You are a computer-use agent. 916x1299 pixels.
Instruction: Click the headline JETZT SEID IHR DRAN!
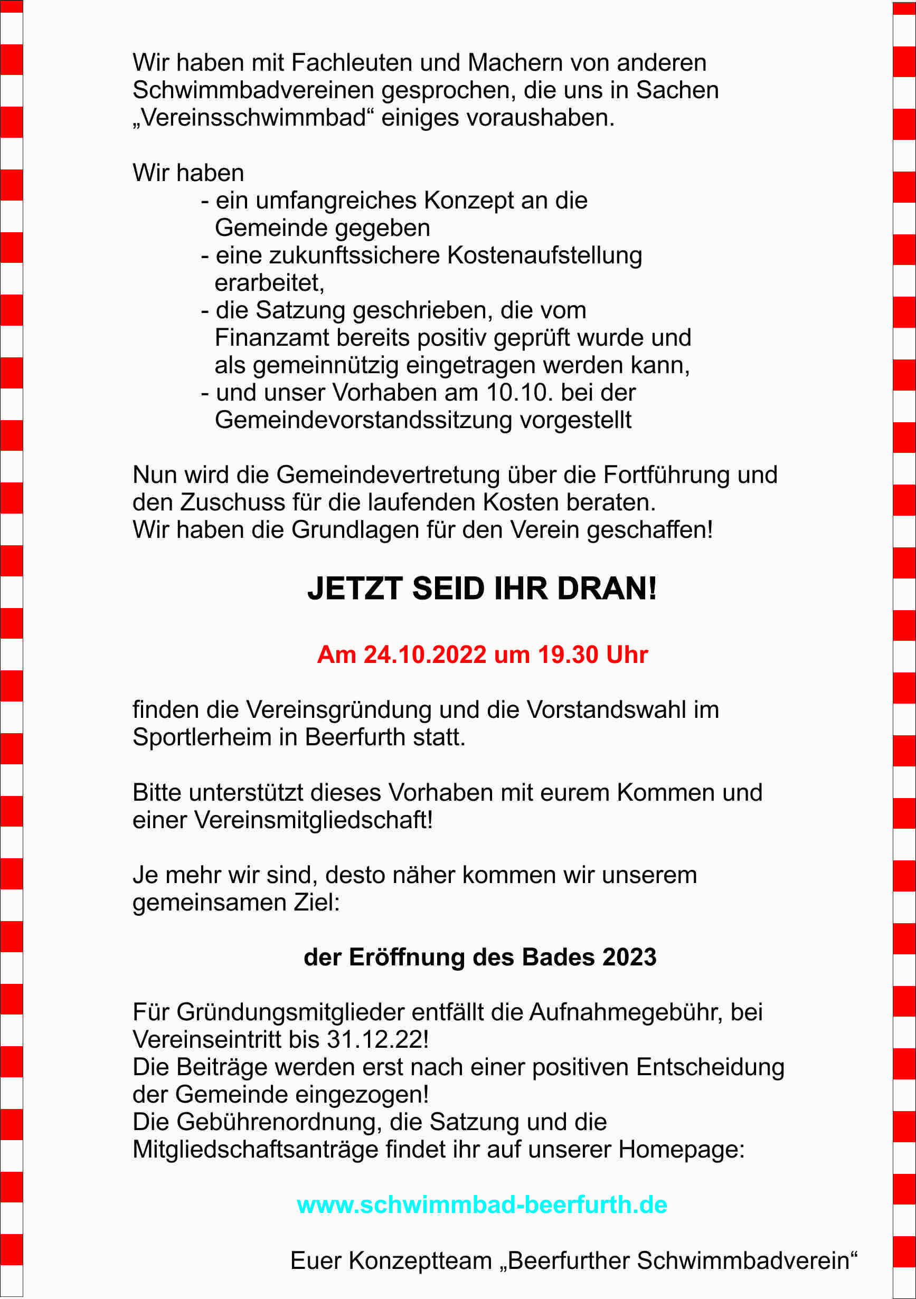click(481, 589)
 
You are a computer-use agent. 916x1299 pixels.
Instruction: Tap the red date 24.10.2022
click(424, 655)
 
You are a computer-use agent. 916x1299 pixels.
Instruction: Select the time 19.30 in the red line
click(568, 655)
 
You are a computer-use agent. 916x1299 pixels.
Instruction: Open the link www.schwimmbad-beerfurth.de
click(481, 1205)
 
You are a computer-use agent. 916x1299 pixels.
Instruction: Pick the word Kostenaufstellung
click(544, 255)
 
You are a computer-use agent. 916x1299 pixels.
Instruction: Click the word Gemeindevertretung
click(388, 475)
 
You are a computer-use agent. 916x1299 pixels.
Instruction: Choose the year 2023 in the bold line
click(629, 957)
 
